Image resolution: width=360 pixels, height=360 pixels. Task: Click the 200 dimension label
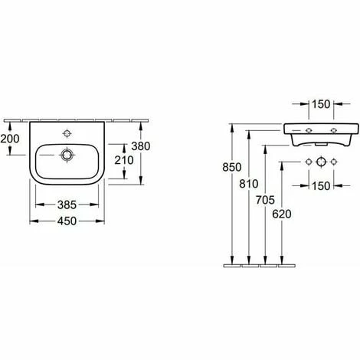coord(11,138)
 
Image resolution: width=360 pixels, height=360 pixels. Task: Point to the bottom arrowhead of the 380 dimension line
coord(143,183)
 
